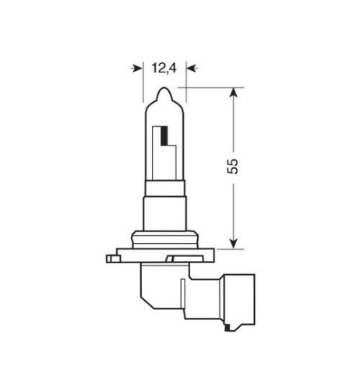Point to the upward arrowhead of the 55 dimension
point(232,93)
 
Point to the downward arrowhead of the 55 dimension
point(232,242)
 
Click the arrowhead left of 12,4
point(139,68)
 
